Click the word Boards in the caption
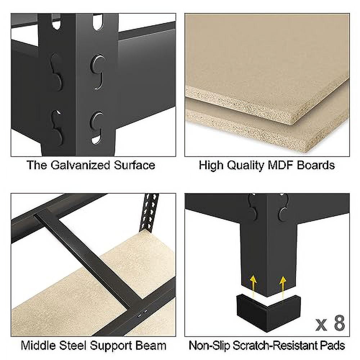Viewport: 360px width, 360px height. click(316, 165)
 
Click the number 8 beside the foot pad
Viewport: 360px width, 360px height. click(339, 324)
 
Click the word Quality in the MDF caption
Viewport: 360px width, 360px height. click(244, 166)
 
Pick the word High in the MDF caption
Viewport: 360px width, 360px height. click(211, 166)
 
